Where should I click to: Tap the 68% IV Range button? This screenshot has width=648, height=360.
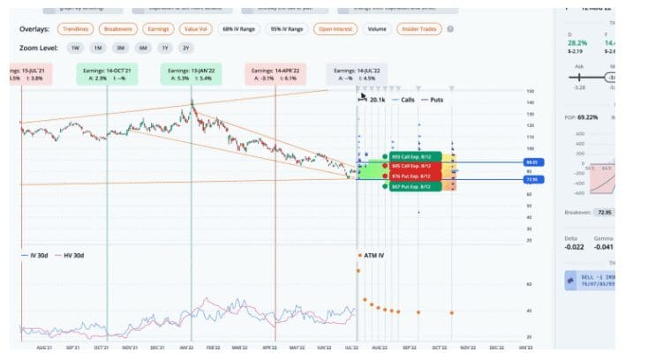pos(239,29)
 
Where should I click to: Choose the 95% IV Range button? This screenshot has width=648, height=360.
pos(286,29)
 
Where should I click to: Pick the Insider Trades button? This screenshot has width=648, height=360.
pos(420,29)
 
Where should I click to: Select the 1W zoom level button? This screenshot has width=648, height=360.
pos(75,47)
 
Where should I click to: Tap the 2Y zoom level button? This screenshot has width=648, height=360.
pos(185,47)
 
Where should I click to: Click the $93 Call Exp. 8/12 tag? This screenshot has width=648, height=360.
pos(411,156)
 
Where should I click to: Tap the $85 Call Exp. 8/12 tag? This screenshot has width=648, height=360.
pos(411,166)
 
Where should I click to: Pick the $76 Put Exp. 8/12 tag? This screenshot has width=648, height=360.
pos(411,176)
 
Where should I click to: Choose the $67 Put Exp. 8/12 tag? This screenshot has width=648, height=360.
pos(411,186)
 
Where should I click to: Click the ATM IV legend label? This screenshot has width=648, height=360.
pos(372,255)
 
